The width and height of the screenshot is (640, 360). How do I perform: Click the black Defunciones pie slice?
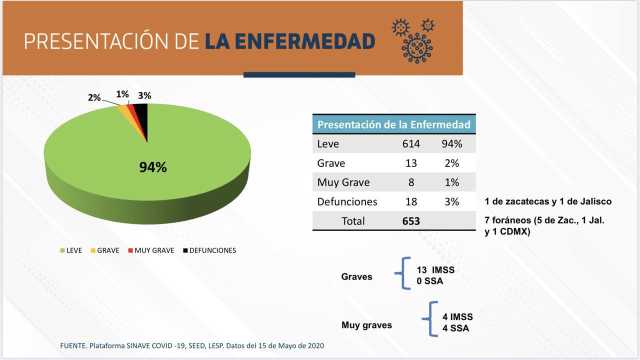(142, 115)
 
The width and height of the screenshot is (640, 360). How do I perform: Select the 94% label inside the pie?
(152, 167)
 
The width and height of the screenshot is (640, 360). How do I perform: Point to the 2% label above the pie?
(94, 97)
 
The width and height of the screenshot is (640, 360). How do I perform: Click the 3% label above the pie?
(145, 95)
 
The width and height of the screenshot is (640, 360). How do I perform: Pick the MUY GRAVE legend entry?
(151, 250)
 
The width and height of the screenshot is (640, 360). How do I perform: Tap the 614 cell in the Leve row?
(411, 144)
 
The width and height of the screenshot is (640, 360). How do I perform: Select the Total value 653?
(411, 221)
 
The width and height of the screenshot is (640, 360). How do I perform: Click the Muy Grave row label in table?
(343, 182)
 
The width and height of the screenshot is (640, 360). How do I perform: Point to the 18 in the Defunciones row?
(411, 202)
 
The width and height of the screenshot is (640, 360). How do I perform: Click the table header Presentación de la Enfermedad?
(393, 124)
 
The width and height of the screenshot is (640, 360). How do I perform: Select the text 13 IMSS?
(435, 270)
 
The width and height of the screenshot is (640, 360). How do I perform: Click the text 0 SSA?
(429, 281)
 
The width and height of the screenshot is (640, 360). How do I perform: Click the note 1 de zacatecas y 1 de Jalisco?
(547, 202)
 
